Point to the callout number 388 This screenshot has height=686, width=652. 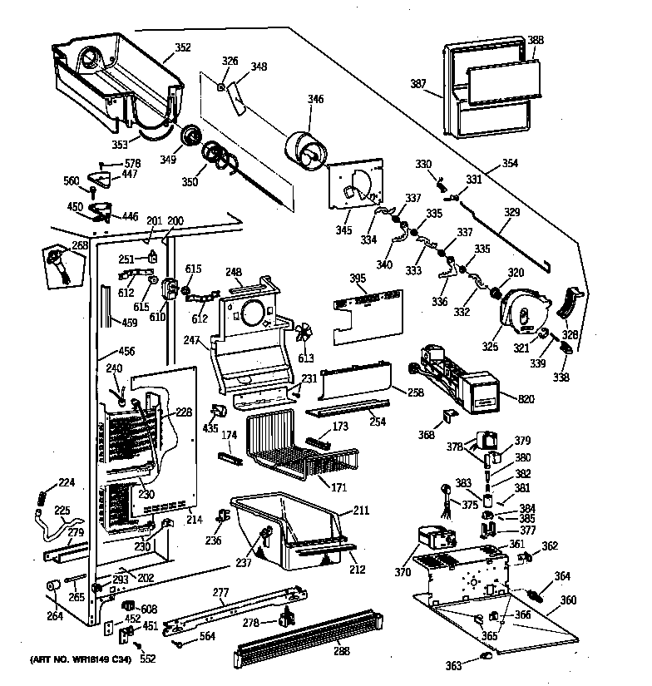click(536, 40)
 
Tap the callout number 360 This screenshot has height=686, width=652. click(568, 600)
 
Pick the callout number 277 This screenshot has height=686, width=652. click(220, 593)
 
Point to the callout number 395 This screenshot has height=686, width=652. click(357, 278)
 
